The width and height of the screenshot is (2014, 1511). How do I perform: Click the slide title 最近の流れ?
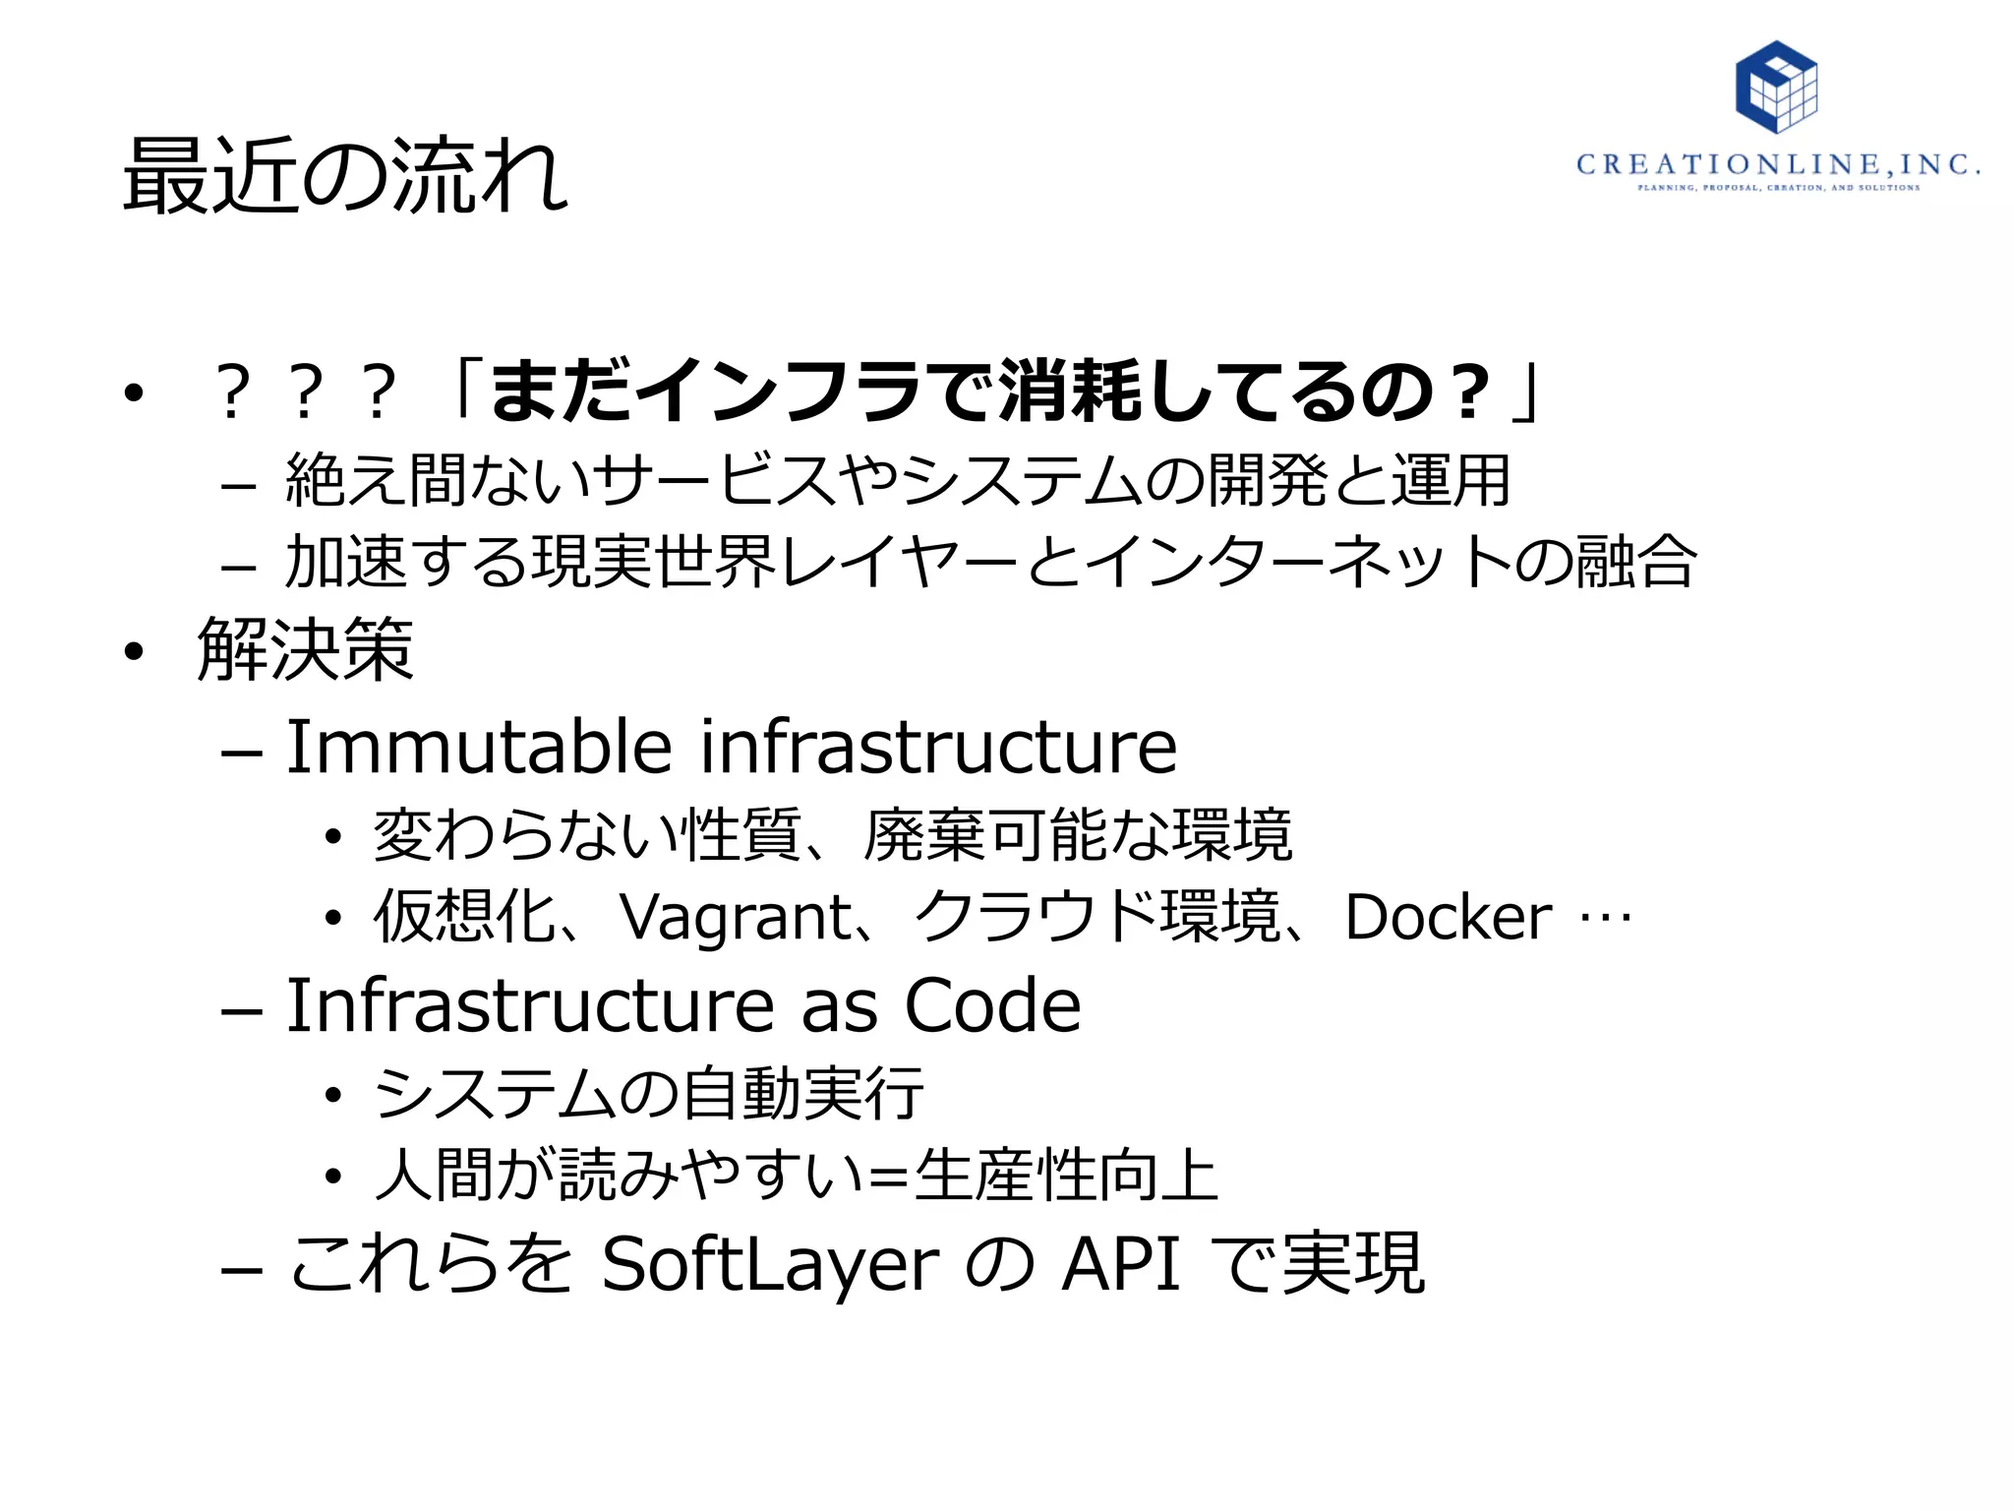coord(345,176)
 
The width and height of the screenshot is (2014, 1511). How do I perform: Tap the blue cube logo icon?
coord(1776,87)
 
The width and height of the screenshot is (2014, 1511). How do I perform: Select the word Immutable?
coord(479,747)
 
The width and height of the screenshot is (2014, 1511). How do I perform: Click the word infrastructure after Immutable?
coord(938,747)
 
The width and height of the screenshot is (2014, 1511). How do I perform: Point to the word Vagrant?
coord(736,917)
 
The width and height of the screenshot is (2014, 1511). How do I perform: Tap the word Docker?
coord(1448,917)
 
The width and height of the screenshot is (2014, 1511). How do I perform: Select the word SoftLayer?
coord(770,1264)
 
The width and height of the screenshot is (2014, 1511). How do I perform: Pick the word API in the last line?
coord(1121,1264)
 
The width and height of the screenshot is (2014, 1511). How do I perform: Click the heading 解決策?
coord(305,649)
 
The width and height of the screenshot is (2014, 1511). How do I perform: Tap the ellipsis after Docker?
coord(1605,919)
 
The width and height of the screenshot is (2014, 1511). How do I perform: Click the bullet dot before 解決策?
coord(135,651)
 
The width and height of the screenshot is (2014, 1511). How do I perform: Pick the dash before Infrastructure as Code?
coord(242,1010)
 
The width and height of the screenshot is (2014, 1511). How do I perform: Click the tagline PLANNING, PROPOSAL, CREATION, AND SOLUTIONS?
coord(1778,187)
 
